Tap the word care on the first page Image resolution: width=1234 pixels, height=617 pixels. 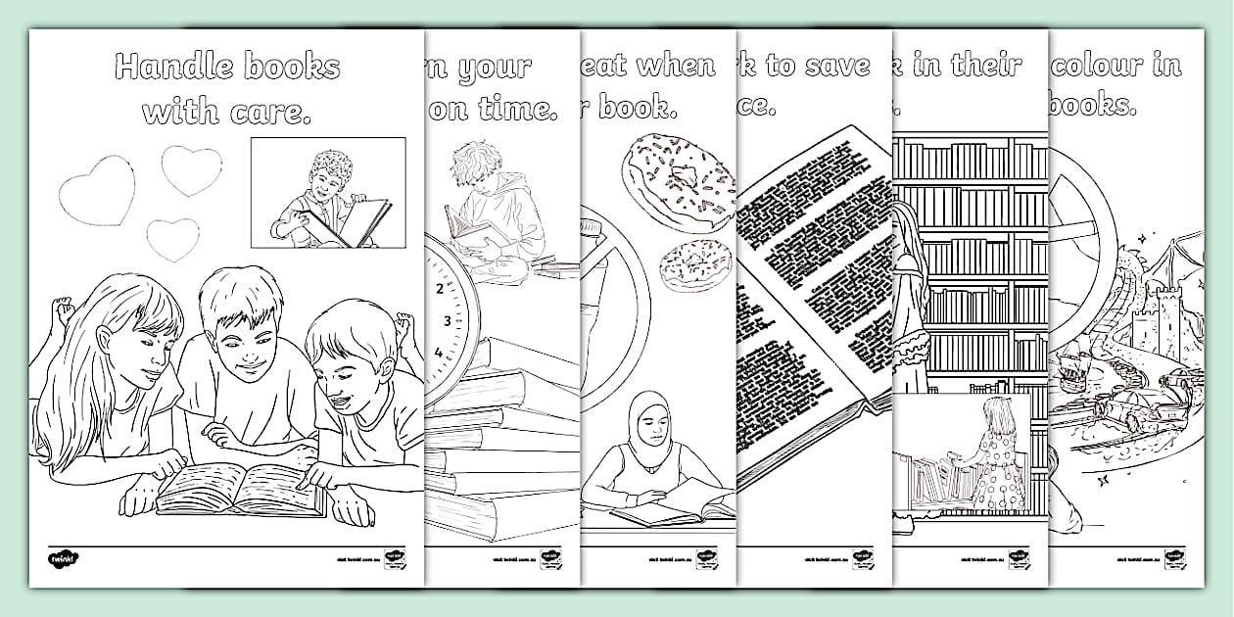pos(269,113)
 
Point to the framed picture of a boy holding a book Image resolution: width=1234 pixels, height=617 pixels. pos(328,192)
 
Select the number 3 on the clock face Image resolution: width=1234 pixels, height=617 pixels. pos(448,321)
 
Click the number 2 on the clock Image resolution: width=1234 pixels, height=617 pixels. pos(439,289)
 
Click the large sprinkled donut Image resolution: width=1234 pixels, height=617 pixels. pos(679,179)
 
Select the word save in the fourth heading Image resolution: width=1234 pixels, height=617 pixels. pos(837,67)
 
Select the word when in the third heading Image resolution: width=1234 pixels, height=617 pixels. pos(677,67)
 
